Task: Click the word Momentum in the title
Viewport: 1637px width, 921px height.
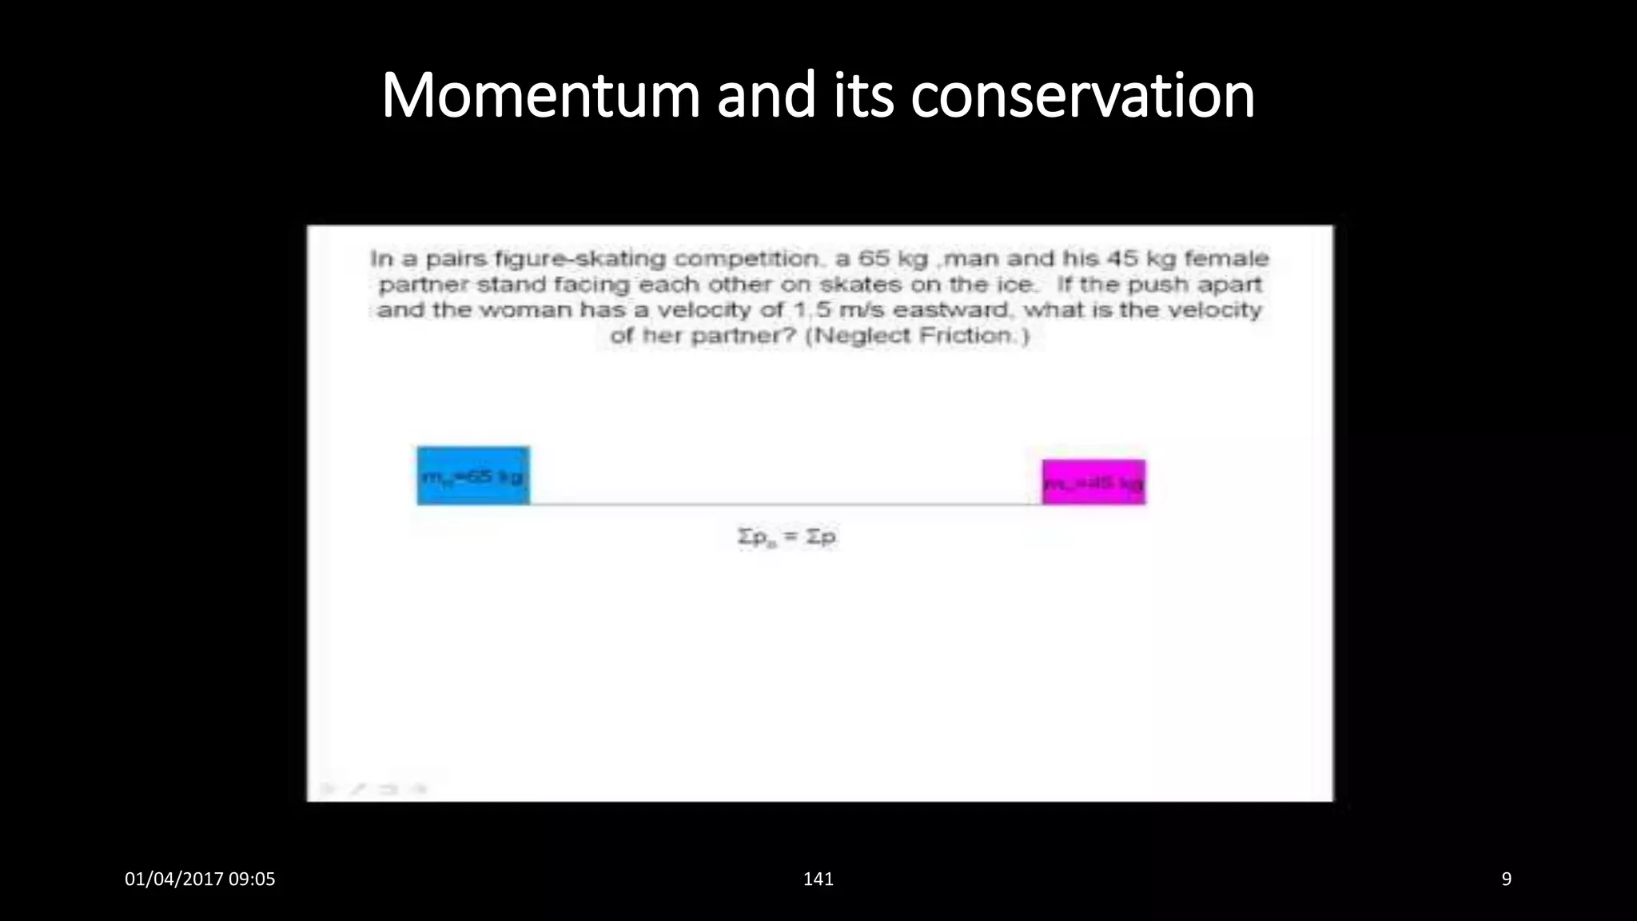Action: pos(540,96)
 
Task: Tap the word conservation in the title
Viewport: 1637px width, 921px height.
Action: pos(1082,96)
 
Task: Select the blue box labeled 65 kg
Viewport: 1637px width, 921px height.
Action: pos(472,476)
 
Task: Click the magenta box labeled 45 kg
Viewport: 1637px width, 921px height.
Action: pos(1093,482)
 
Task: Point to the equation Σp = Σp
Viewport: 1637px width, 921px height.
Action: pos(787,537)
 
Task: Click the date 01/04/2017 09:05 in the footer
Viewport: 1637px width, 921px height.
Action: pos(200,879)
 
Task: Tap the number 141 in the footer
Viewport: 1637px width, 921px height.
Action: pos(818,879)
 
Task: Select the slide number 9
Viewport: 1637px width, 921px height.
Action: pos(1506,879)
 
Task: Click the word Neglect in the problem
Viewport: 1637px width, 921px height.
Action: pos(860,335)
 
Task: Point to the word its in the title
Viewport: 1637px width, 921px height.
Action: pos(863,96)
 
